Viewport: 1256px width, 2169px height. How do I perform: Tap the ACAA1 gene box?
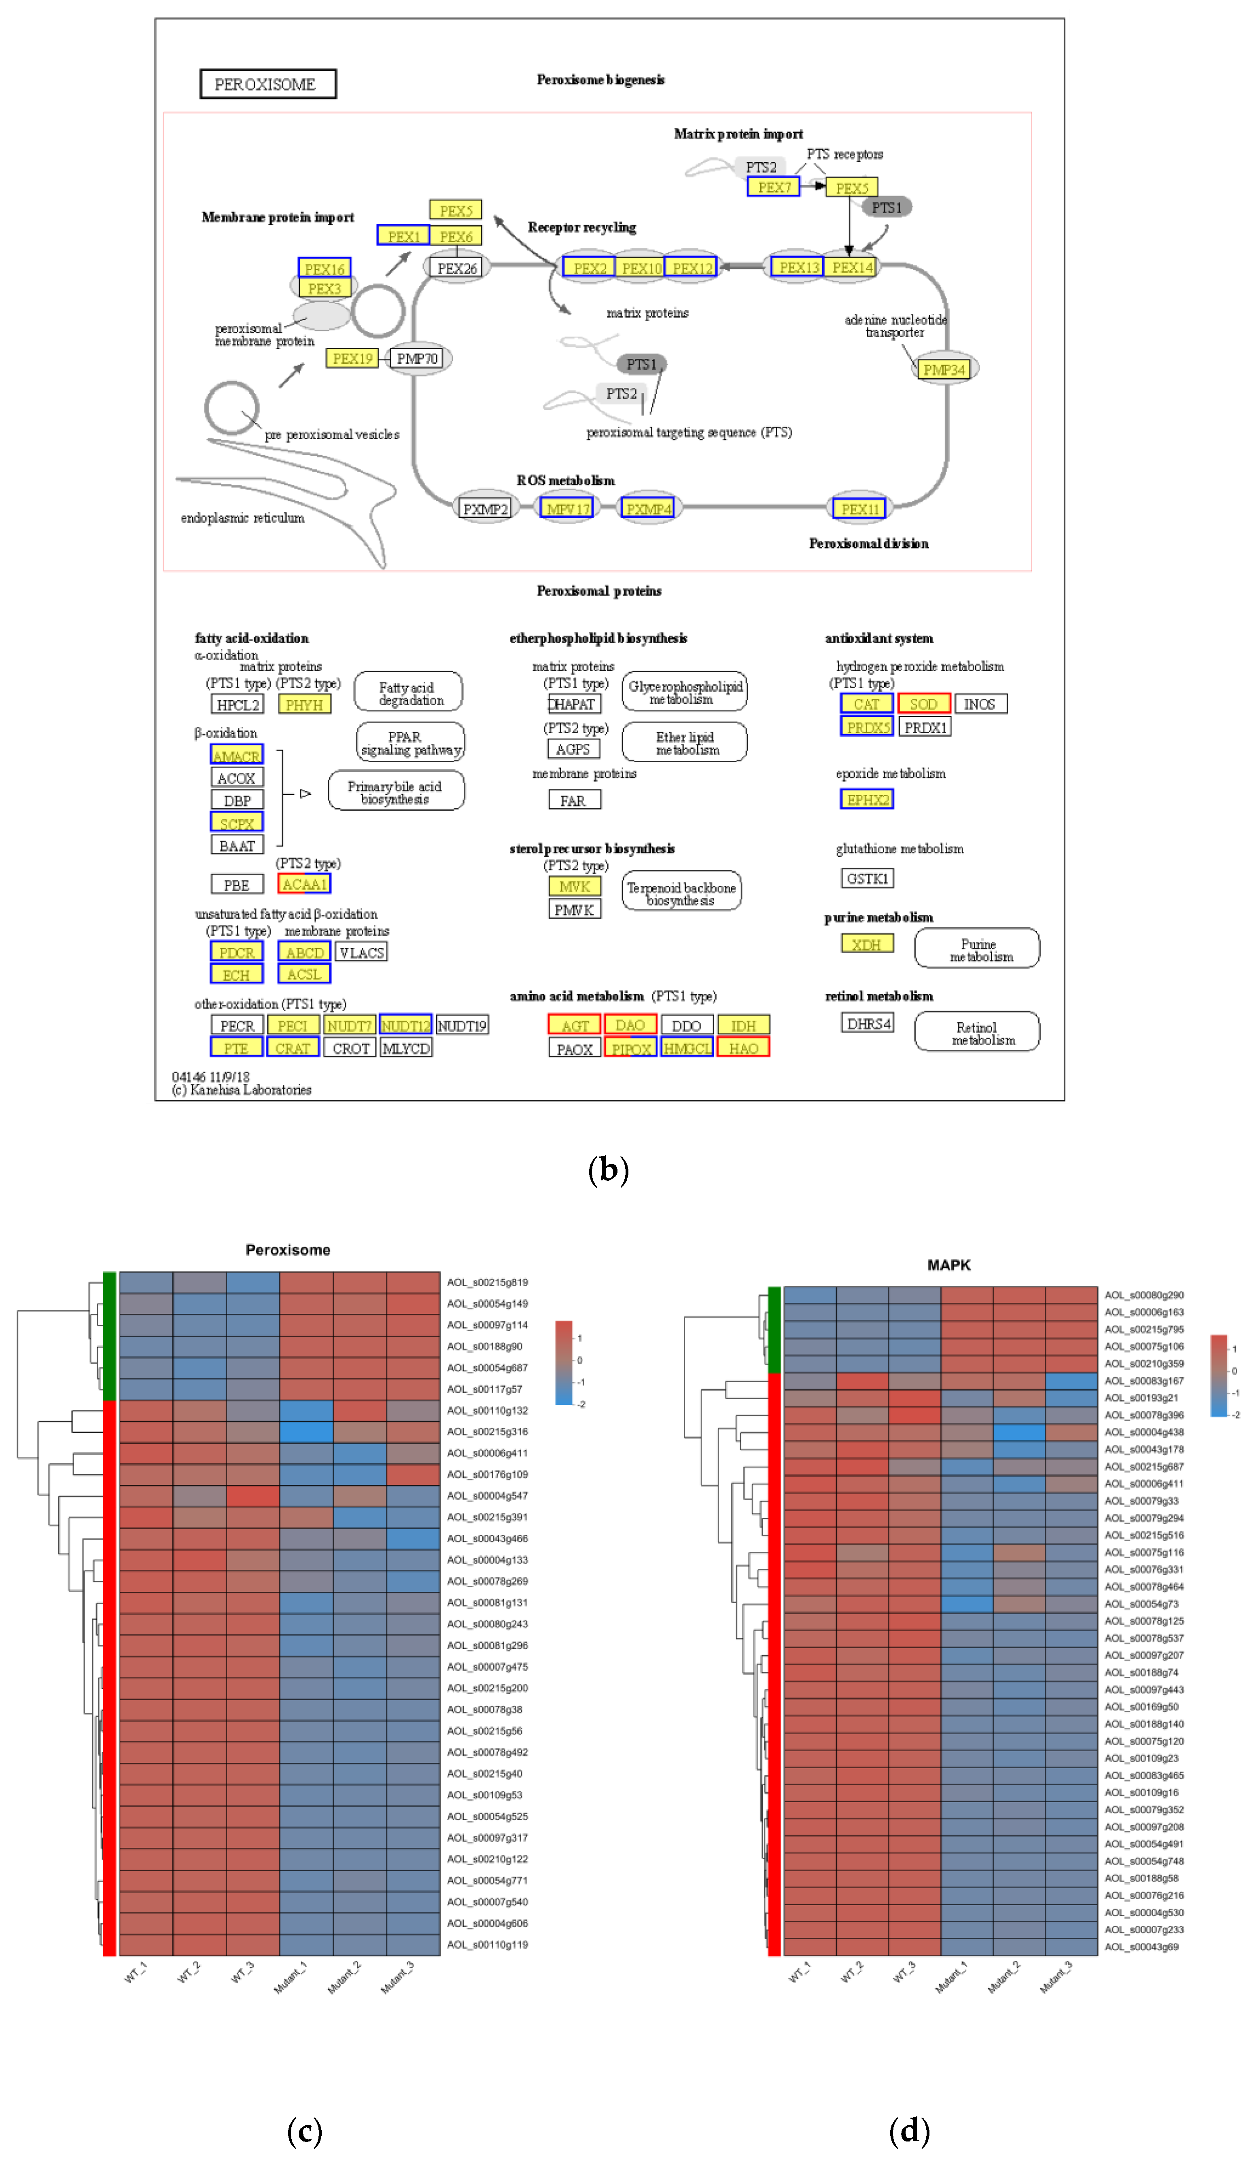click(x=304, y=884)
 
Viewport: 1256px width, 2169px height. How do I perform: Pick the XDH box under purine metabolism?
click(x=866, y=944)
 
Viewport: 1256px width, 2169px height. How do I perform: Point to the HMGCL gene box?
click(x=686, y=1048)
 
